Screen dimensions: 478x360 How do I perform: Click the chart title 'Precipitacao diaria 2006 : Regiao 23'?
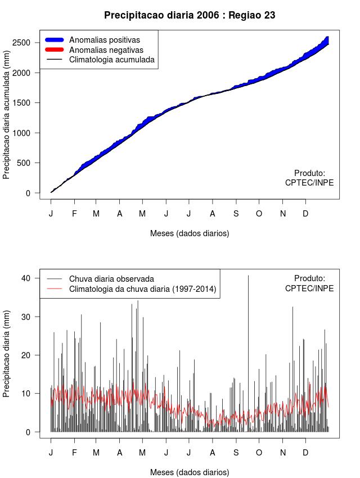tap(190, 15)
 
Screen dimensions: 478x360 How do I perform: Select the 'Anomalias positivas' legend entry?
tap(104, 40)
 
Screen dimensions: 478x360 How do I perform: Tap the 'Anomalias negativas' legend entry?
tap(106, 50)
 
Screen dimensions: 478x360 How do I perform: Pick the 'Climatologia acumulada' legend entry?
tap(111, 60)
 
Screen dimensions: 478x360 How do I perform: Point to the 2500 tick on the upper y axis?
tap(28, 43)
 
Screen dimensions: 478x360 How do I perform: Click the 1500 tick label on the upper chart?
tap(28, 103)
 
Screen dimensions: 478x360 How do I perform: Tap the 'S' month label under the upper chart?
tap(236, 214)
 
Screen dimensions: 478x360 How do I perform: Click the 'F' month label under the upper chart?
tap(74, 214)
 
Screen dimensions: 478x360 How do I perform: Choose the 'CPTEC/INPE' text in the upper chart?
tap(309, 183)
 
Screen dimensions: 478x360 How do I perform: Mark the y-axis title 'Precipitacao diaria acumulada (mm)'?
tap(7, 119)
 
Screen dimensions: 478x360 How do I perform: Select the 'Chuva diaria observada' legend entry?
tap(111, 279)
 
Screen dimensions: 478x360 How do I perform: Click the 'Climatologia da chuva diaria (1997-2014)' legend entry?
tap(143, 289)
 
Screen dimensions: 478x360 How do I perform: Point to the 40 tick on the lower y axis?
tap(32, 278)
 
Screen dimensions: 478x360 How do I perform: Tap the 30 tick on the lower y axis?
tap(32, 317)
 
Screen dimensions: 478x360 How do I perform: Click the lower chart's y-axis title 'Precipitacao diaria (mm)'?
tap(7, 355)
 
